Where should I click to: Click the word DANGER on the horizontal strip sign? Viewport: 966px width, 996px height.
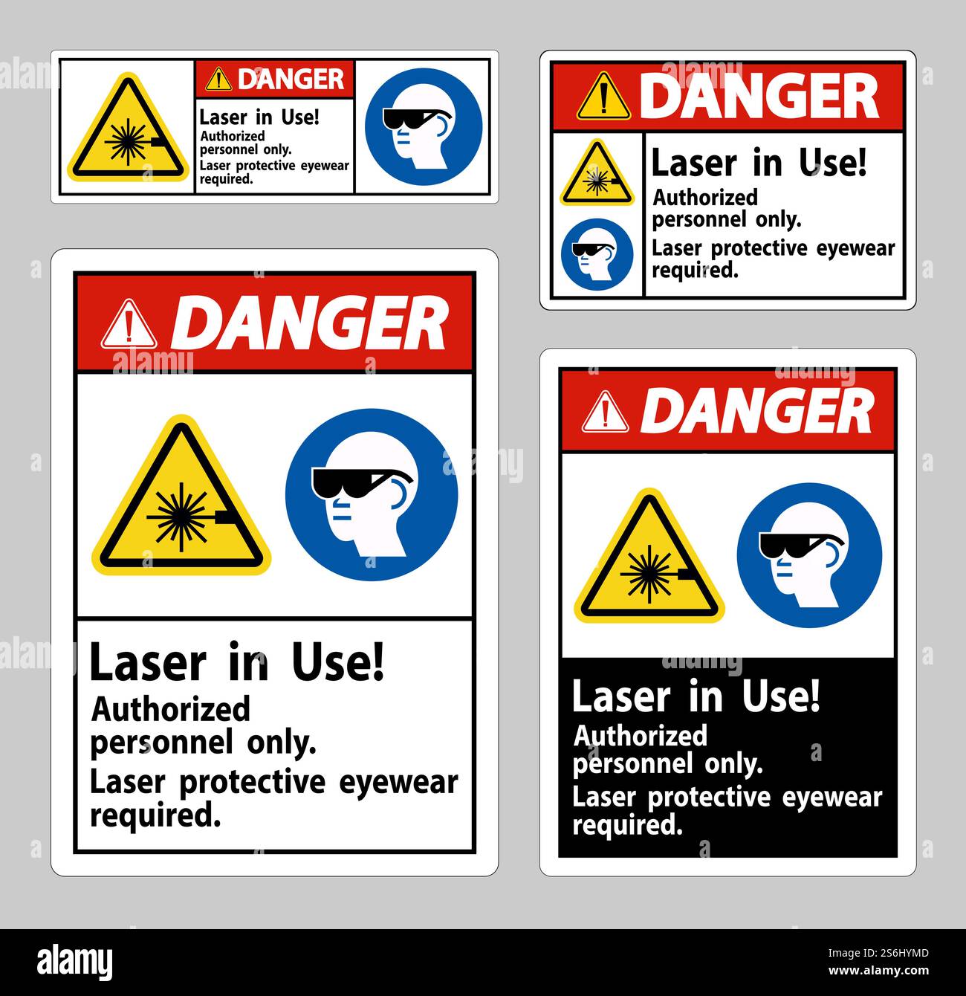coord(291,79)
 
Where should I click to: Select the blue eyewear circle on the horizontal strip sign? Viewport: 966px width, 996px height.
coord(424,126)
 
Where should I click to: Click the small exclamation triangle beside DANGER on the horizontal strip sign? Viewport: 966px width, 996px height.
coord(218,79)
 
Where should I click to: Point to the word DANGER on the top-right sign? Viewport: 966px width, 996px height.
coord(759,97)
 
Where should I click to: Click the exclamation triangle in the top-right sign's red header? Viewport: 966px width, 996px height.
coord(604,98)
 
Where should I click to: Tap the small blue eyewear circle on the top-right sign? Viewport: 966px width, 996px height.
coord(597,254)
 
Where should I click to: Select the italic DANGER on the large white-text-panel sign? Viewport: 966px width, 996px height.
coord(313,324)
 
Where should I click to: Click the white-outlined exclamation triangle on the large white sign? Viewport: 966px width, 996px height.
coord(129,324)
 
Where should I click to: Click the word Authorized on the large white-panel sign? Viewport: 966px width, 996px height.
coord(171,710)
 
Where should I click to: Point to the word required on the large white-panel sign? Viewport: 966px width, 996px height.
coord(155,815)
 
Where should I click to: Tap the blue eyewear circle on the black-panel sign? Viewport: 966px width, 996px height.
coord(809,554)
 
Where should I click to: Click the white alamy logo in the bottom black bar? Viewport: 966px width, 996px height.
coord(74,961)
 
